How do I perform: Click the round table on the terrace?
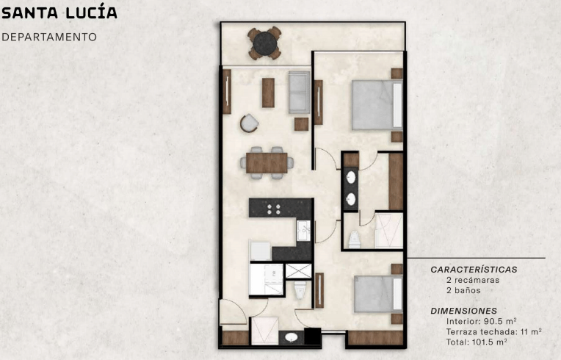click(265, 43)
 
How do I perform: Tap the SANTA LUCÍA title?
click(59, 12)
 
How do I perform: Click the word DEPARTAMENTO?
click(49, 37)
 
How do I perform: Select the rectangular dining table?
click(267, 163)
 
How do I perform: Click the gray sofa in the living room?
click(299, 93)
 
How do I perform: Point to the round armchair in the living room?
click(250, 123)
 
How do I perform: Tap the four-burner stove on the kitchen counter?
click(274, 209)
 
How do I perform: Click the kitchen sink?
click(304, 231)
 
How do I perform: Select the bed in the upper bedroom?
click(377, 104)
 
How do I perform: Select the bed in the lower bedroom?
click(379, 293)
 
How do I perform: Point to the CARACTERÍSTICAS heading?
click(474, 270)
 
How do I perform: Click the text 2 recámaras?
click(473, 280)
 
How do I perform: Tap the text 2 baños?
click(463, 290)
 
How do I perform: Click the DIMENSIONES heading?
click(463, 311)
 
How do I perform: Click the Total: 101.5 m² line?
click(477, 342)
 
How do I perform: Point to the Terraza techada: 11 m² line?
click(493, 331)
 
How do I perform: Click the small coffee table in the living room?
click(268, 93)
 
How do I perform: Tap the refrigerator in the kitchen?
click(260, 251)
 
